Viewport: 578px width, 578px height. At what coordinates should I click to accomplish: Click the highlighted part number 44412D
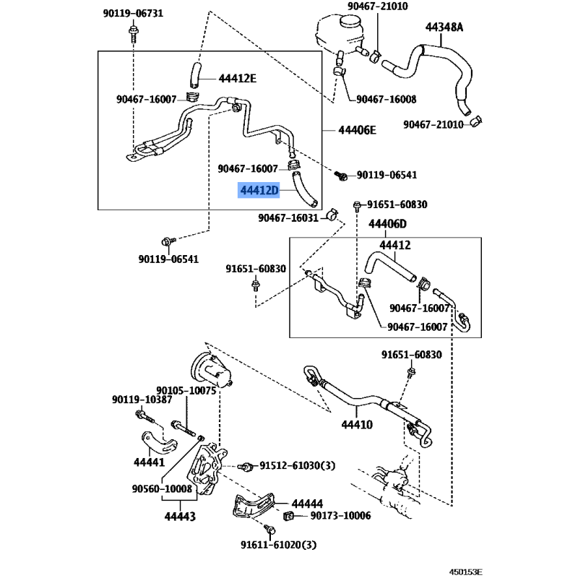click(259, 191)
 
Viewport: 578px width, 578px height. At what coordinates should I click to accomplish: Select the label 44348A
click(444, 27)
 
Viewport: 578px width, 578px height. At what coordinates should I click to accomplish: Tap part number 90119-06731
click(134, 14)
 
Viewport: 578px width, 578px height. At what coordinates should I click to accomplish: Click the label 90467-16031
click(288, 217)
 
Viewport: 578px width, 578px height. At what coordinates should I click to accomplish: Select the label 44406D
click(388, 225)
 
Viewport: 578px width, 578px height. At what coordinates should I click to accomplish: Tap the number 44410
click(357, 424)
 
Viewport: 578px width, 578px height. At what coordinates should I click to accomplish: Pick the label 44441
click(150, 462)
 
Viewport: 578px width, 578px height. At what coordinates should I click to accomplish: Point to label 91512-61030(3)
click(298, 466)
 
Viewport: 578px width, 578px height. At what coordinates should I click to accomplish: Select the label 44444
click(307, 504)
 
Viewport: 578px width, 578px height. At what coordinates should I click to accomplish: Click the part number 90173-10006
click(340, 516)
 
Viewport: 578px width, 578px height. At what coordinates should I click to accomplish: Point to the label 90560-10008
click(162, 488)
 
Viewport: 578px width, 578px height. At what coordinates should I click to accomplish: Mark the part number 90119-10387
click(142, 400)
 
